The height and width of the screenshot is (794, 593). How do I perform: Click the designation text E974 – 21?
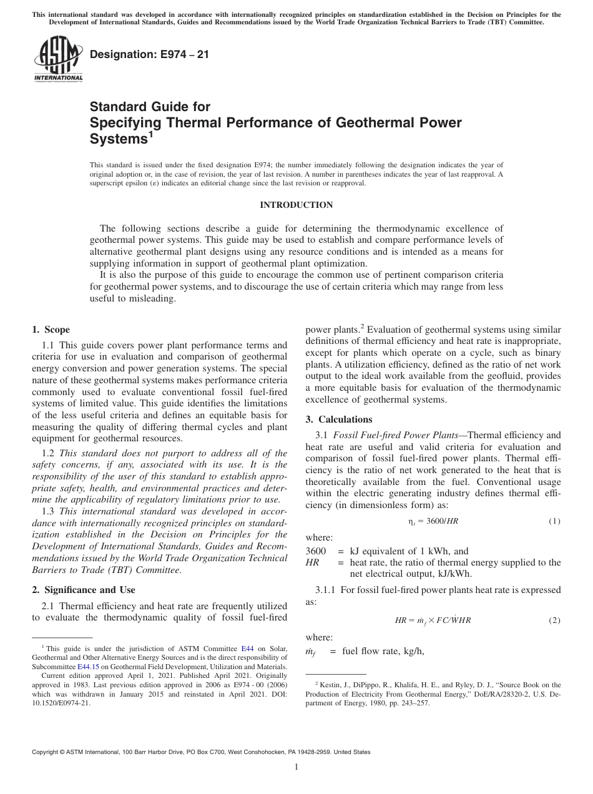coord(150,55)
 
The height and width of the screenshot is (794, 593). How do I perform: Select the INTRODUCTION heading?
coord(296,205)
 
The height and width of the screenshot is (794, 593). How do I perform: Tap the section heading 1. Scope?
coord(51,330)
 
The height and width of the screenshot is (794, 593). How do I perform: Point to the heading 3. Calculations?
coord(338,419)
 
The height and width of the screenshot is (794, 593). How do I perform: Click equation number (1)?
coord(554,521)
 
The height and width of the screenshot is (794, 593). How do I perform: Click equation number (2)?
coord(554,620)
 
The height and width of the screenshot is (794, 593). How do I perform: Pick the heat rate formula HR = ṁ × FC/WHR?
coord(433,620)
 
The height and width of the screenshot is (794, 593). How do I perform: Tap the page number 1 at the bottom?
coord(296,767)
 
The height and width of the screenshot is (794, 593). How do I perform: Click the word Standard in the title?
coord(117,107)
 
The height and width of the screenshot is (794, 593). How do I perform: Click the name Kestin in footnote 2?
coord(331,685)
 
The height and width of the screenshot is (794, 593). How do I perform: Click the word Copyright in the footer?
coord(47,752)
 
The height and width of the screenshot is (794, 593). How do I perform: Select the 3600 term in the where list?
coord(316,551)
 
